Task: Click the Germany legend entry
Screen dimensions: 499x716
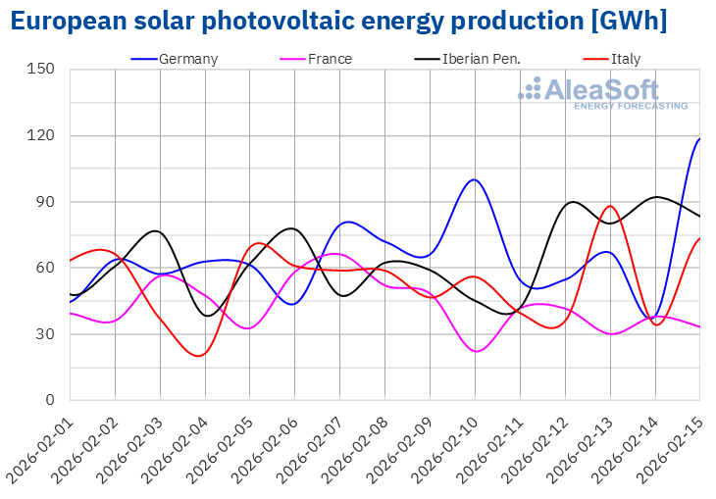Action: [187, 59]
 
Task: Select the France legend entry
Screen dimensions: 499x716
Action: [330, 59]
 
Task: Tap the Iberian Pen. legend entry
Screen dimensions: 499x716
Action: [480, 59]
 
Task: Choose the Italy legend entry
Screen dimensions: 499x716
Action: [625, 59]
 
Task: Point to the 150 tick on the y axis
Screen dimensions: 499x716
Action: [42, 70]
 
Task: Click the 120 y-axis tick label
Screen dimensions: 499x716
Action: [42, 135]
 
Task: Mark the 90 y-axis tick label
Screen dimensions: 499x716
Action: [46, 202]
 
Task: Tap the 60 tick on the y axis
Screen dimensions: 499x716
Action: [46, 268]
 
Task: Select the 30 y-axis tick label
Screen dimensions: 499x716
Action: [46, 334]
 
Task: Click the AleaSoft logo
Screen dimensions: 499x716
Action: [603, 93]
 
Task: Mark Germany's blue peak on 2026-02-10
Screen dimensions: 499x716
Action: [475, 179]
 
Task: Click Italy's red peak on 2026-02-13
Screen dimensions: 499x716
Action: [610, 206]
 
